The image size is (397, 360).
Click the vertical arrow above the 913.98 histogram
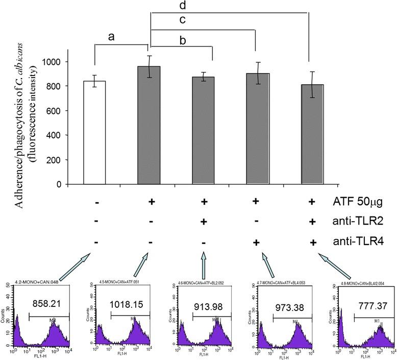tap(205, 262)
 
